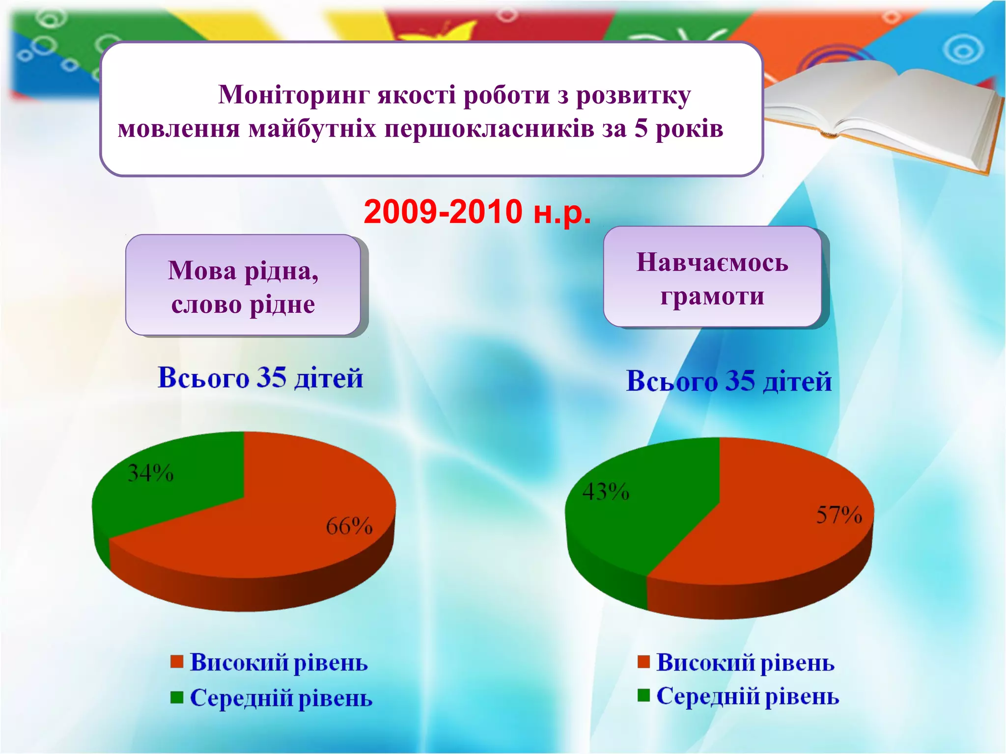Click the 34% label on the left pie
(150, 473)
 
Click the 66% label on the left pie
(349, 526)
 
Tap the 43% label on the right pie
(606, 491)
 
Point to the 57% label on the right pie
(839, 515)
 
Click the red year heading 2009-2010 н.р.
(477, 212)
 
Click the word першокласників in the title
(489, 129)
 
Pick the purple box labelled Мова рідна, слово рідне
(243, 285)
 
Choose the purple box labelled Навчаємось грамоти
(712, 277)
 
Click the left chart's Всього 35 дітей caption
(260, 377)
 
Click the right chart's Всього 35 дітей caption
(729, 381)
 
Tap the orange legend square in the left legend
(177, 661)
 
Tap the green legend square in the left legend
(177, 697)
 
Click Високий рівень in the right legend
(745, 662)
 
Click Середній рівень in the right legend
(748, 696)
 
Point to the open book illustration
(884, 113)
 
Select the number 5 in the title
(641, 129)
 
